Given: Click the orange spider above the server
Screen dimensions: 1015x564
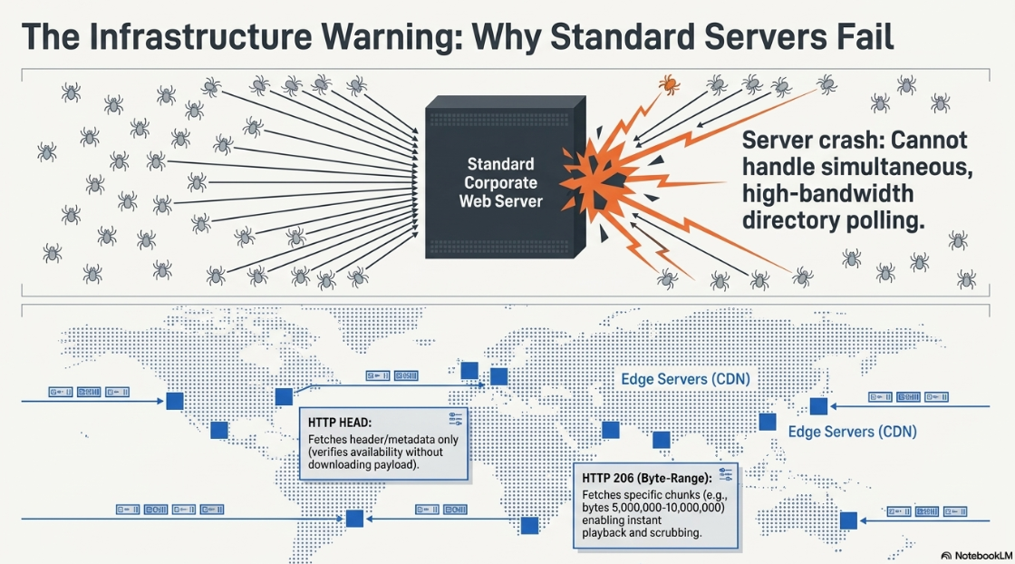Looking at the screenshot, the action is click(x=669, y=84).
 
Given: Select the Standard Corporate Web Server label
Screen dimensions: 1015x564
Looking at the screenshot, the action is click(x=500, y=182).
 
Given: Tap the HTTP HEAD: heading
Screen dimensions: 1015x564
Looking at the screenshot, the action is click(x=339, y=423).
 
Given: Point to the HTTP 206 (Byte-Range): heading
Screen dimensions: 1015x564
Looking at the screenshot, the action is click(x=646, y=479).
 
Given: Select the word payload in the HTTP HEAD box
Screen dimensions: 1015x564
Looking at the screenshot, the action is click(x=397, y=465).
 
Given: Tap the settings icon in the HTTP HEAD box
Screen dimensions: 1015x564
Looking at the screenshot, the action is click(x=455, y=418).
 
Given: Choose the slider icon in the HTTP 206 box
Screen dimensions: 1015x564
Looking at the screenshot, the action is click(x=725, y=474).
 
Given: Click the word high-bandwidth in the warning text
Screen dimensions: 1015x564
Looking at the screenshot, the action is click(x=828, y=194).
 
